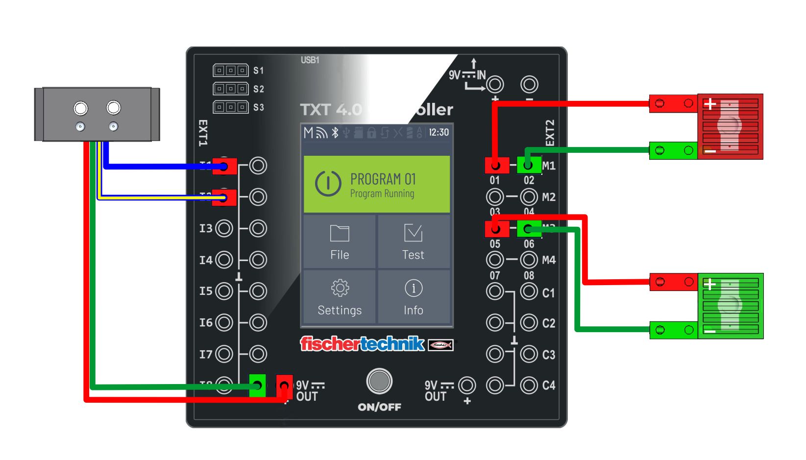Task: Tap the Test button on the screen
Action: tap(413, 242)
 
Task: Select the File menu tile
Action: tap(340, 242)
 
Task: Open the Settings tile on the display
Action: tap(340, 296)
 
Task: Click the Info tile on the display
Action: tap(413, 296)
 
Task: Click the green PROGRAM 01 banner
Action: tap(376, 184)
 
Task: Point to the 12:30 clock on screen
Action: tap(439, 132)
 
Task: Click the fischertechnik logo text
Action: tap(362, 344)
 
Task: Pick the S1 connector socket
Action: tap(230, 71)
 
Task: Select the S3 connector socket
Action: tap(230, 107)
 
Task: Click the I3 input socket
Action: tap(224, 228)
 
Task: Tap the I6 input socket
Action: tap(224, 322)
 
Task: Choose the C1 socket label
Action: tap(549, 293)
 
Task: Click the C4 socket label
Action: tap(549, 386)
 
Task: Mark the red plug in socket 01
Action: tap(496, 165)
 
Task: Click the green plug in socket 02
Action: tap(529, 165)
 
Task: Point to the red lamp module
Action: tap(730, 126)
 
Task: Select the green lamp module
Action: tap(730, 306)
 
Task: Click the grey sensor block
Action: tap(97, 114)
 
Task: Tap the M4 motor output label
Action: tap(549, 260)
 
